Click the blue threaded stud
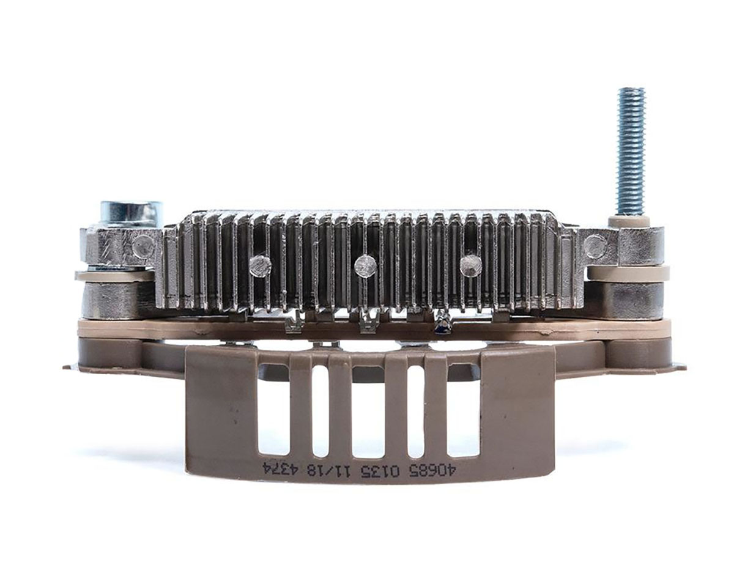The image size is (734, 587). (x=631, y=152)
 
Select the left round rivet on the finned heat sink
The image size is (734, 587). (x=260, y=266)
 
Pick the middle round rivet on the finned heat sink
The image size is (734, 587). (x=365, y=265)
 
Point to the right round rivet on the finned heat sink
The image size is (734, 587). (x=471, y=266)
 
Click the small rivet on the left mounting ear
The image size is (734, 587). (x=144, y=246)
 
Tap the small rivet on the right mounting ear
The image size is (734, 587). (x=595, y=246)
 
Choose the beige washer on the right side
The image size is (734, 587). (x=628, y=273)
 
